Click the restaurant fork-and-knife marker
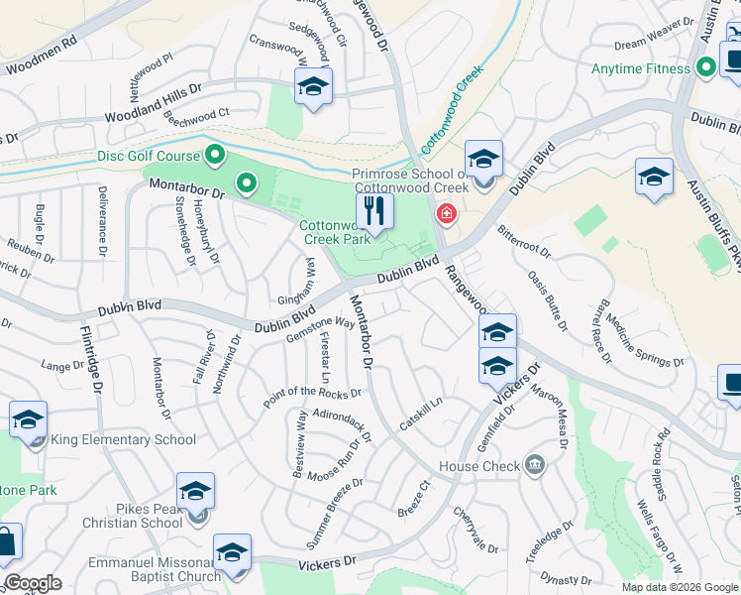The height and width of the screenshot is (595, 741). [374, 210]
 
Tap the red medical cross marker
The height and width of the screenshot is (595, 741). [447, 213]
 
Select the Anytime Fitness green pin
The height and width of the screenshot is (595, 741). [705, 68]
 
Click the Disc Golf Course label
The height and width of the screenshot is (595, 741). [148, 156]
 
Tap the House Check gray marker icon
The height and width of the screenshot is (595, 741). [535, 463]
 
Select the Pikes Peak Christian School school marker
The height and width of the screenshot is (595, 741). [196, 493]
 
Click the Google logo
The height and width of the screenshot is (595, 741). [33, 583]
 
